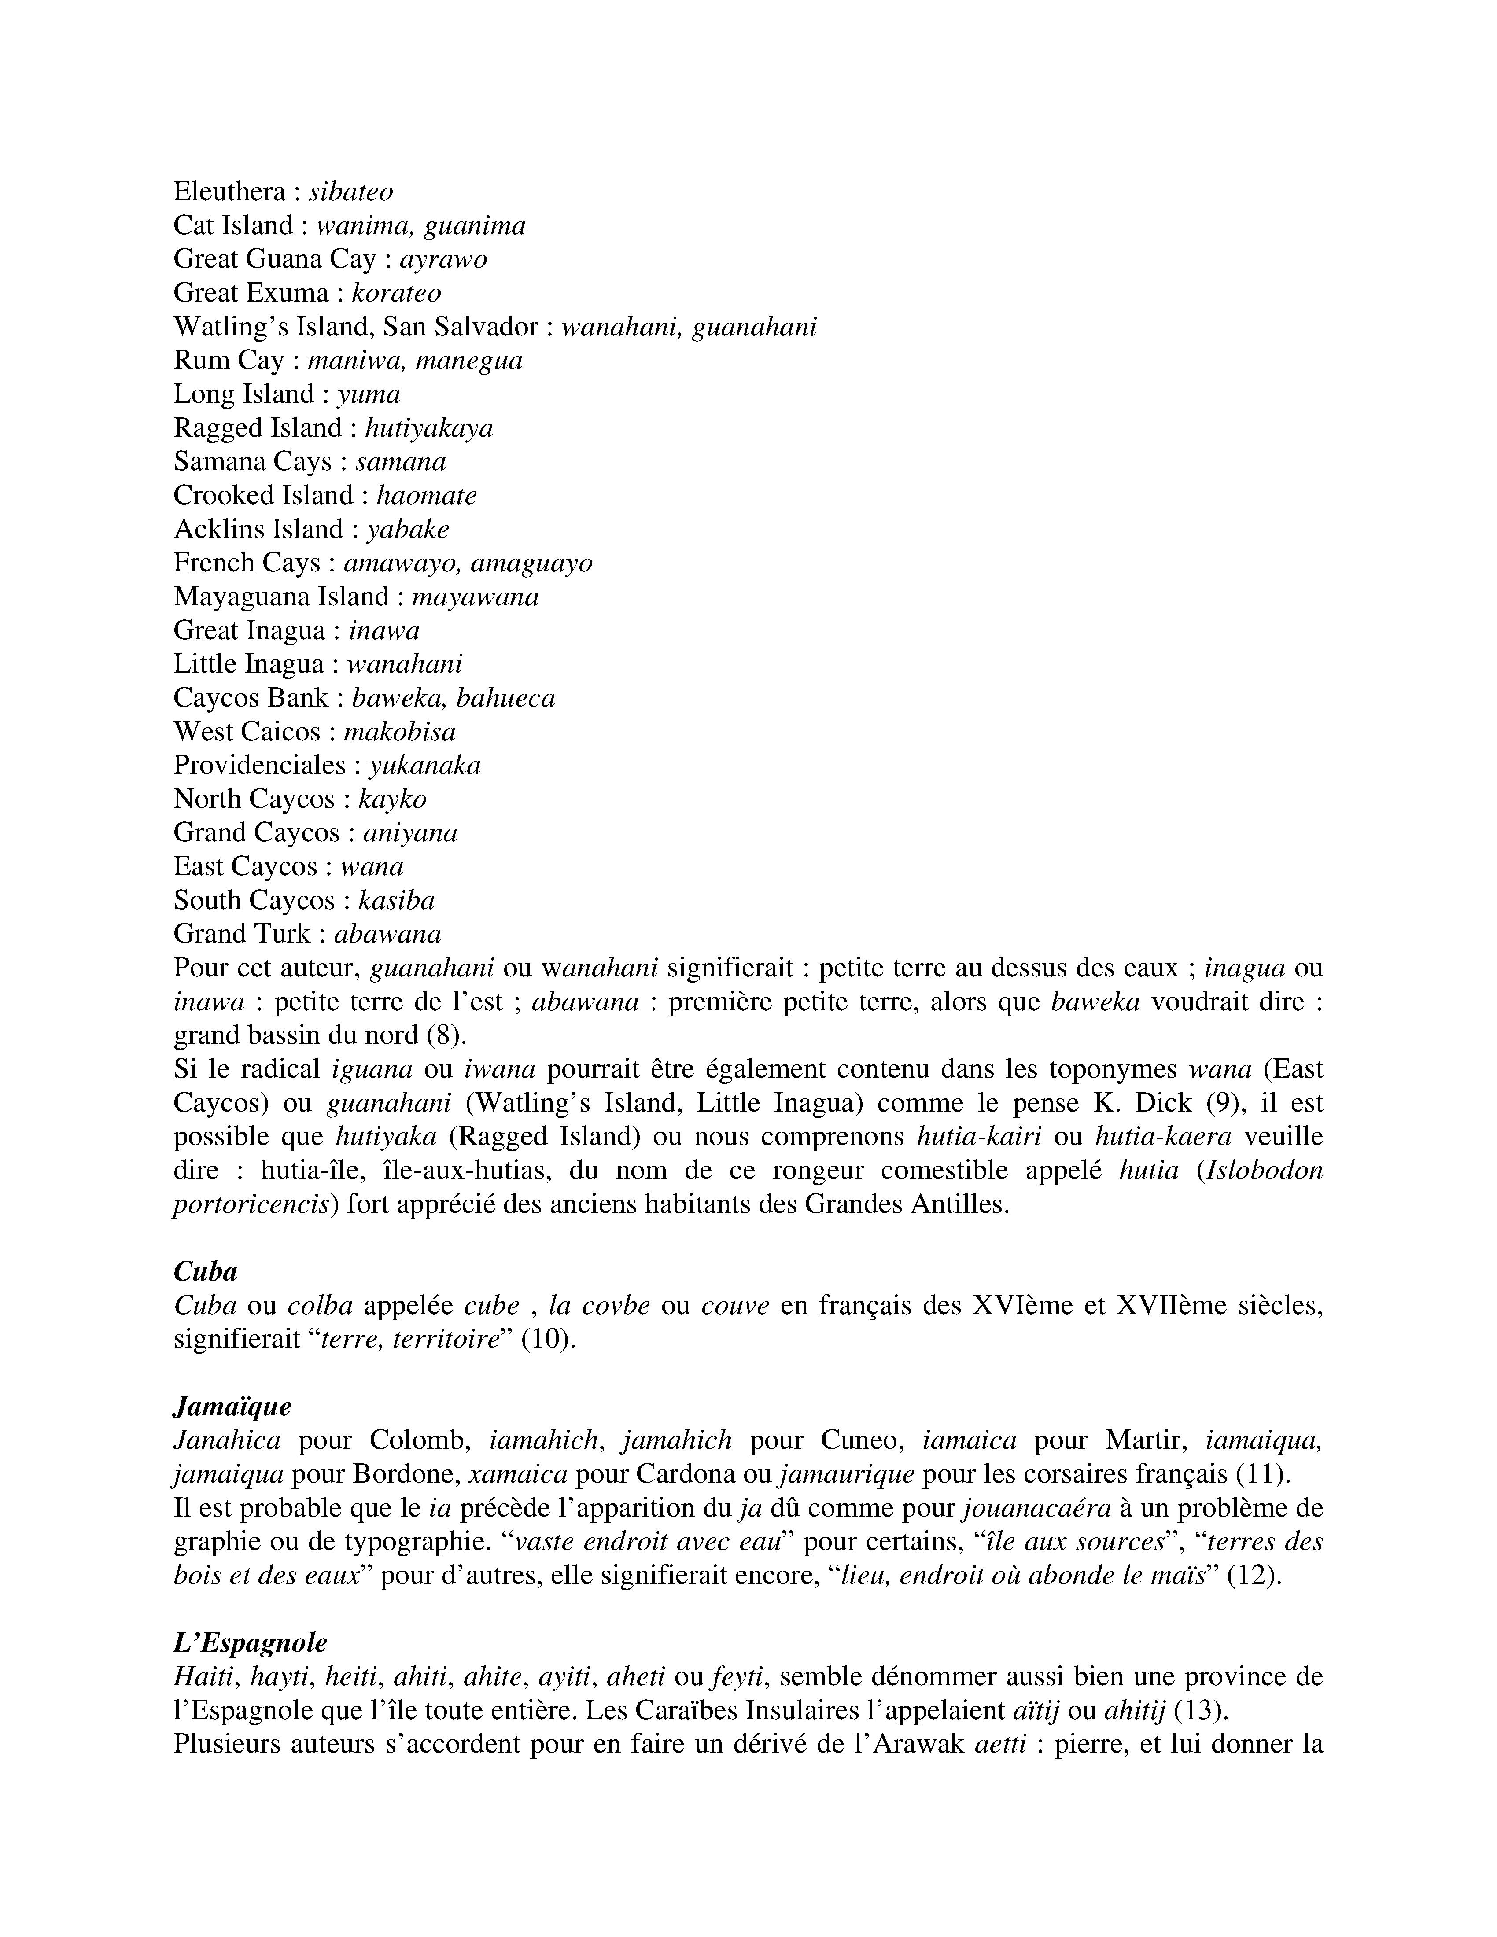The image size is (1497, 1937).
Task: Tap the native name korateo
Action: pyautogui.click(x=396, y=293)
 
